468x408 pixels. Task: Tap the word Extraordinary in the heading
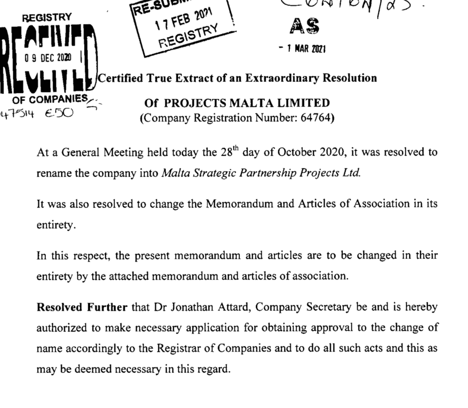tap(278, 78)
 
